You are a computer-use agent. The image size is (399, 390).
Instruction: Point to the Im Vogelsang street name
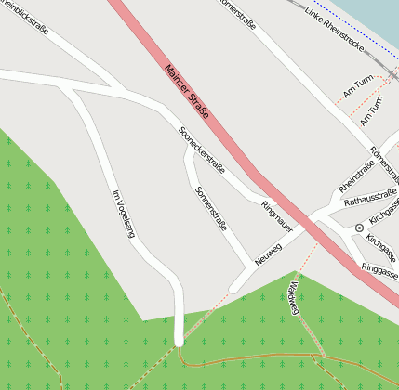123,214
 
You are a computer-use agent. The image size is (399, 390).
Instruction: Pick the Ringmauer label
277,215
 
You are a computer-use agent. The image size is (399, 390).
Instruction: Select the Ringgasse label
379,269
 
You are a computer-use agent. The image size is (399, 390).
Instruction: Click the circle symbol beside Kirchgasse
359,227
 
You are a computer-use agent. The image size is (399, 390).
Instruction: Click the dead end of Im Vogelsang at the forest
179,340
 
